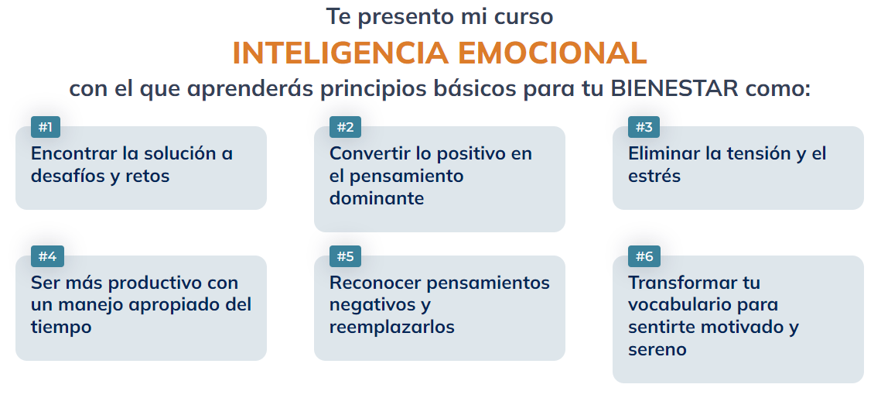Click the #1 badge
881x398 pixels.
pos(46,127)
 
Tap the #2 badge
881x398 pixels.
pos(345,127)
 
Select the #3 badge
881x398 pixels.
pos(644,127)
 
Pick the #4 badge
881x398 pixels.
pos(46,256)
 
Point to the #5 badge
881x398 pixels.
pos(345,256)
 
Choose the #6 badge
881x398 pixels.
pos(644,256)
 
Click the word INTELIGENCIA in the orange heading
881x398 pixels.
pos(340,53)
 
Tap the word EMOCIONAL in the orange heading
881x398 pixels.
pos(552,53)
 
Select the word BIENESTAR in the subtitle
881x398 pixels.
pos(674,88)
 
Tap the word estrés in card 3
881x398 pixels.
pos(654,176)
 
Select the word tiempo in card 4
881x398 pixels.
pos(61,327)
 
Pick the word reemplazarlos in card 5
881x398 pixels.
pos(391,327)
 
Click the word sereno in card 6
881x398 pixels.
pos(657,349)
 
